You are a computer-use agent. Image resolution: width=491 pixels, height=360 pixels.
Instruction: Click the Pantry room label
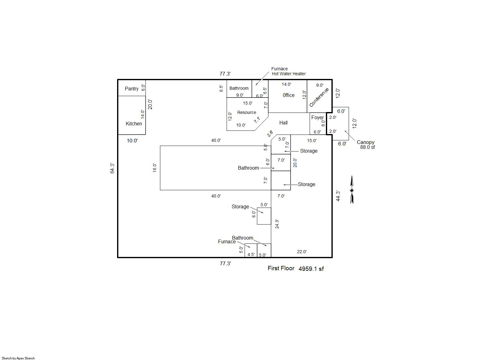click(x=132, y=89)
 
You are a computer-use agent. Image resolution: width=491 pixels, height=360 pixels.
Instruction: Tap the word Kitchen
click(x=134, y=124)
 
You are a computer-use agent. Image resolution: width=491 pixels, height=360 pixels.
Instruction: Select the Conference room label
click(x=319, y=97)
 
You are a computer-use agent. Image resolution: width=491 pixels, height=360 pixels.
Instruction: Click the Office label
click(x=288, y=95)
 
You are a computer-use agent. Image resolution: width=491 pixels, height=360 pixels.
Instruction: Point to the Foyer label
click(x=318, y=118)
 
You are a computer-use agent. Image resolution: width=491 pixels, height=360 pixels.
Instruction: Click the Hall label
click(x=283, y=123)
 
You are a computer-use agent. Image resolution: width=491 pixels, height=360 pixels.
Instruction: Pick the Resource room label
click(x=247, y=112)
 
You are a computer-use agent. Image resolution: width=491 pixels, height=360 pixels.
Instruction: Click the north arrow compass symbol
click(x=352, y=190)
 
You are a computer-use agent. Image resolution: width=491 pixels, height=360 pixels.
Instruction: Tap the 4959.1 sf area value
click(x=311, y=269)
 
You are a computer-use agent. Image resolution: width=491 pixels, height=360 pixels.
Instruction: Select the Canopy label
click(x=366, y=142)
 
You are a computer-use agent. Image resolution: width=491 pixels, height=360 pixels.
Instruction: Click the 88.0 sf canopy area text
click(x=367, y=147)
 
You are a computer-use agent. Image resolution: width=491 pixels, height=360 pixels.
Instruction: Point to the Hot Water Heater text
click(x=289, y=74)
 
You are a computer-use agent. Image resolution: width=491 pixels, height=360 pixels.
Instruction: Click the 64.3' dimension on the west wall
click(x=112, y=168)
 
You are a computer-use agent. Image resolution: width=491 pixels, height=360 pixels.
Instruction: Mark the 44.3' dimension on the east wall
click(x=338, y=196)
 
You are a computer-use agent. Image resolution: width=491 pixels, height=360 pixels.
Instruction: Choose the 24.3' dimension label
click(x=277, y=224)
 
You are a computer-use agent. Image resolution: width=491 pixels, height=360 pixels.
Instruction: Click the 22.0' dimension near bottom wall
click(x=302, y=252)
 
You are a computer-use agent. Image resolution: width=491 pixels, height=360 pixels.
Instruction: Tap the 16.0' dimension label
click(x=155, y=167)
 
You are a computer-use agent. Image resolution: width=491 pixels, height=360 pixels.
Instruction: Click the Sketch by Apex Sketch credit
click(x=18, y=358)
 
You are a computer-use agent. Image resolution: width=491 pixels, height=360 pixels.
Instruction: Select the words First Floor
click(x=281, y=268)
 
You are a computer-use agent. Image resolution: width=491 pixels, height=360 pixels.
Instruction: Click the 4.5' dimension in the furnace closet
click(x=251, y=255)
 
